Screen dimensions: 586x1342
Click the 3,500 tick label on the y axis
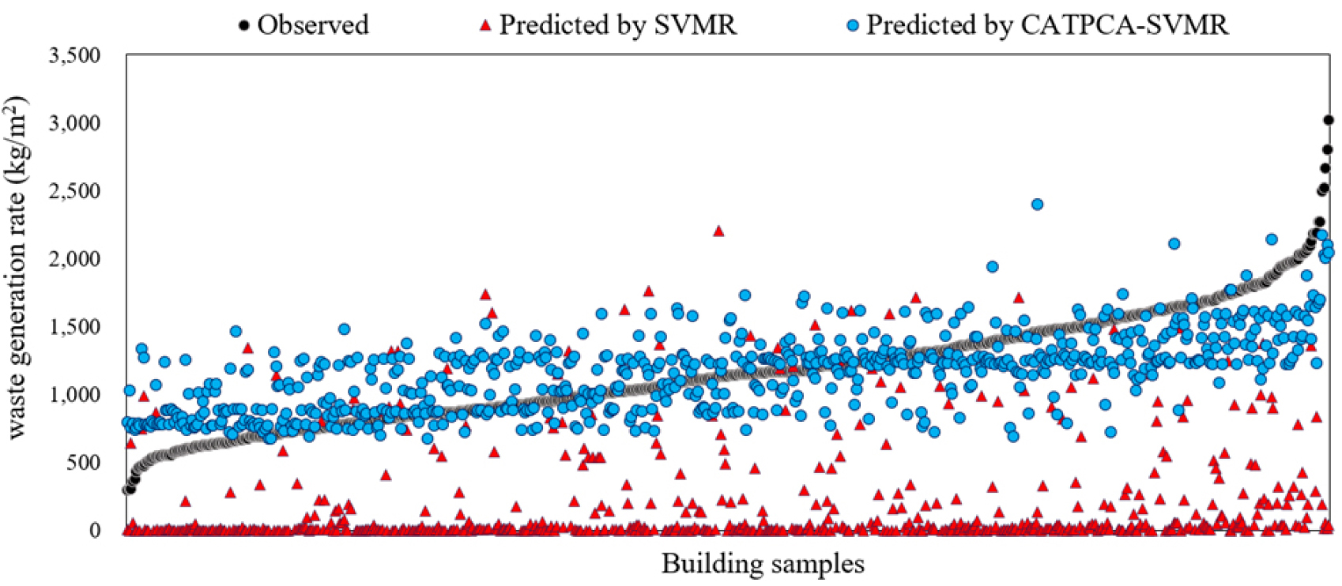click(x=75, y=56)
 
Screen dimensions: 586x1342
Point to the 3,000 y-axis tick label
click(x=75, y=124)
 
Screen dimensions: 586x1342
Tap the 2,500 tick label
click(x=75, y=192)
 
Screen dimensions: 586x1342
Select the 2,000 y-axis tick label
click(x=75, y=260)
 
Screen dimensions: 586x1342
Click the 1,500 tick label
click(x=75, y=328)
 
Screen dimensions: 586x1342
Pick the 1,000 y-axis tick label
click(x=75, y=395)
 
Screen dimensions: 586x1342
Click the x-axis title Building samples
click(x=763, y=565)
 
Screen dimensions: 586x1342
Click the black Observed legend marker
click(x=244, y=26)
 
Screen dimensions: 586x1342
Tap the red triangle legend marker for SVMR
click(x=486, y=26)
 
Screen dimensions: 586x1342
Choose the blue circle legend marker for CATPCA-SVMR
click(x=853, y=26)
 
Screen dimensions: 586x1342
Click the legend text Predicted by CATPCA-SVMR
click(x=1047, y=25)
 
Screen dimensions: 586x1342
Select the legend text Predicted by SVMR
click(x=618, y=25)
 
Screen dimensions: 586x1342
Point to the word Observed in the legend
click(x=313, y=25)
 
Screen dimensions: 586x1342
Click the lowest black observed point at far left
click(x=126, y=490)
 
